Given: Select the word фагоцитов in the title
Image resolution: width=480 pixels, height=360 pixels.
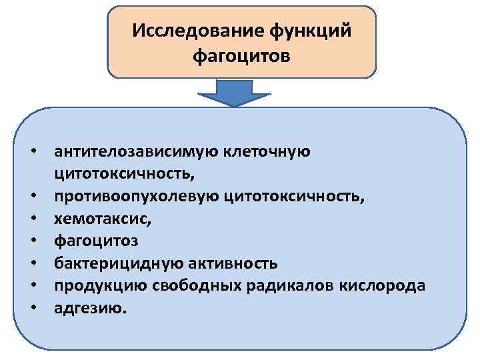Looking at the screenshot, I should (241, 56).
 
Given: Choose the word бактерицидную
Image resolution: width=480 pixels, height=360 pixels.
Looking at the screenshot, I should (109, 263).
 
